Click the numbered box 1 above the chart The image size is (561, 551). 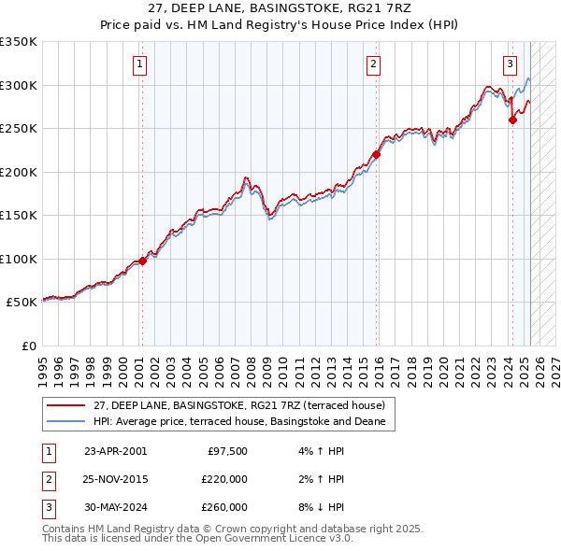point(139,64)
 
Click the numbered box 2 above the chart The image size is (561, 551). point(373,64)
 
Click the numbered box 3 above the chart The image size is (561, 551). point(510,64)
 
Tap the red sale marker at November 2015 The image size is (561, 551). point(376,155)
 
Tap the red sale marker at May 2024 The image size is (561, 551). point(512,120)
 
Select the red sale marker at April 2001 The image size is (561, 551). point(143,261)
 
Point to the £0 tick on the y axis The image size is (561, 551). point(28,346)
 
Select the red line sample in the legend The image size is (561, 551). point(66,405)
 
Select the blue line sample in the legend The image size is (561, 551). point(66,421)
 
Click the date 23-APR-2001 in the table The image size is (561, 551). point(115,451)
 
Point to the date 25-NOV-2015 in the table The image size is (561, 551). point(116,479)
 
